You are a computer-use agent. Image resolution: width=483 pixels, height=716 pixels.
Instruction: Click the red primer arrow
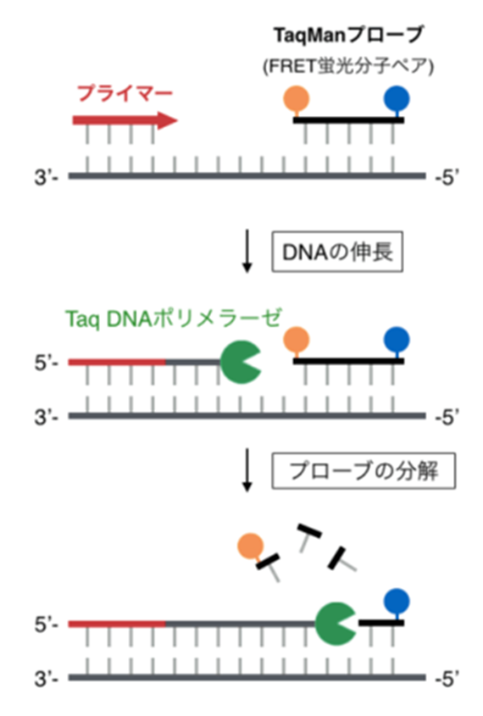click(x=125, y=120)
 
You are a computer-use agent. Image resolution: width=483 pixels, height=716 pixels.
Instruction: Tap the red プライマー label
click(x=125, y=93)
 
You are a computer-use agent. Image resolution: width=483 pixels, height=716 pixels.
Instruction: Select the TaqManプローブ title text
click(x=348, y=35)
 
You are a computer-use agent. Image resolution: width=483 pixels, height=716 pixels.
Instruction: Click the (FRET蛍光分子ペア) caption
click(x=348, y=67)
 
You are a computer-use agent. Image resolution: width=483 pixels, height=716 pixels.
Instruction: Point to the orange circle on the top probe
click(x=297, y=98)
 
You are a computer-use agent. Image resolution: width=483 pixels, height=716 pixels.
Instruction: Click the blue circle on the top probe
click(x=397, y=98)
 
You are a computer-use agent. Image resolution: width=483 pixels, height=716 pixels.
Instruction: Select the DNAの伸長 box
click(x=337, y=252)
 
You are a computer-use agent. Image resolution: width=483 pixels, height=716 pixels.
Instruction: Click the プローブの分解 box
click(x=364, y=471)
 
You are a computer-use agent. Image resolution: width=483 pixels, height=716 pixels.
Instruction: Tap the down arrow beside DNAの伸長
click(x=247, y=252)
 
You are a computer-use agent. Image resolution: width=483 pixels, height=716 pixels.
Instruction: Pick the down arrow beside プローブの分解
click(x=247, y=470)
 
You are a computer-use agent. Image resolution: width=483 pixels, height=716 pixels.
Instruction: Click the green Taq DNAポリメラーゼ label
click(x=174, y=319)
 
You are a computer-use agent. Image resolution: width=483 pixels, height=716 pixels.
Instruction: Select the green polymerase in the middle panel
click(x=239, y=362)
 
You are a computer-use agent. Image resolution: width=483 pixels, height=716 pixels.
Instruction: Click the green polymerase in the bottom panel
click(x=334, y=624)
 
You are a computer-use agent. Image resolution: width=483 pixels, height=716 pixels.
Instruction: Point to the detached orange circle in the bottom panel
click(x=251, y=547)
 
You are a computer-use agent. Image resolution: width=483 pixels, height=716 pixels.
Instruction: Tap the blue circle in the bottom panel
click(x=397, y=602)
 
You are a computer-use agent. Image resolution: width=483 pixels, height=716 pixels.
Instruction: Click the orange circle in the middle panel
click(x=297, y=340)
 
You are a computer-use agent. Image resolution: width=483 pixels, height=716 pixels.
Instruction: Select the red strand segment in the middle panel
click(x=117, y=362)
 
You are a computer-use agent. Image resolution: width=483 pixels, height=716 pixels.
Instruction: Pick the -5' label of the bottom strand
click(x=447, y=679)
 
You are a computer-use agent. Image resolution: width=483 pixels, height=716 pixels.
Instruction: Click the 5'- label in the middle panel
click(x=47, y=364)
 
